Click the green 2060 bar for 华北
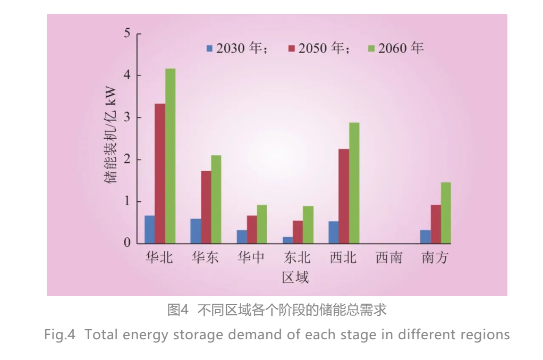click(x=170, y=156)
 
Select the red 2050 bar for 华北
click(x=160, y=173)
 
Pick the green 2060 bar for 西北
click(x=354, y=183)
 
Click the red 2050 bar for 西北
click(x=344, y=196)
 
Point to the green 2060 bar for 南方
click(x=446, y=213)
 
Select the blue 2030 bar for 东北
click(x=287, y=240)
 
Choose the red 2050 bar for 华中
click(x=252, y=229)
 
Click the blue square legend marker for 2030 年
click(x=209, y=48)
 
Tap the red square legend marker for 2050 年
click(x=291, y=48)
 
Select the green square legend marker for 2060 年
click(x=371, y=48)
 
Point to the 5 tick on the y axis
click(x=127, y=34)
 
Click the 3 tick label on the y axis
click(x=127, y=118)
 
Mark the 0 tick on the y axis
click(x=127, y=244)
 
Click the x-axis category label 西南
click(x=389, y=258)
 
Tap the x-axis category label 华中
click(x=251, y=258)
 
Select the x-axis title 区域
click(x=295, y=277)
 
